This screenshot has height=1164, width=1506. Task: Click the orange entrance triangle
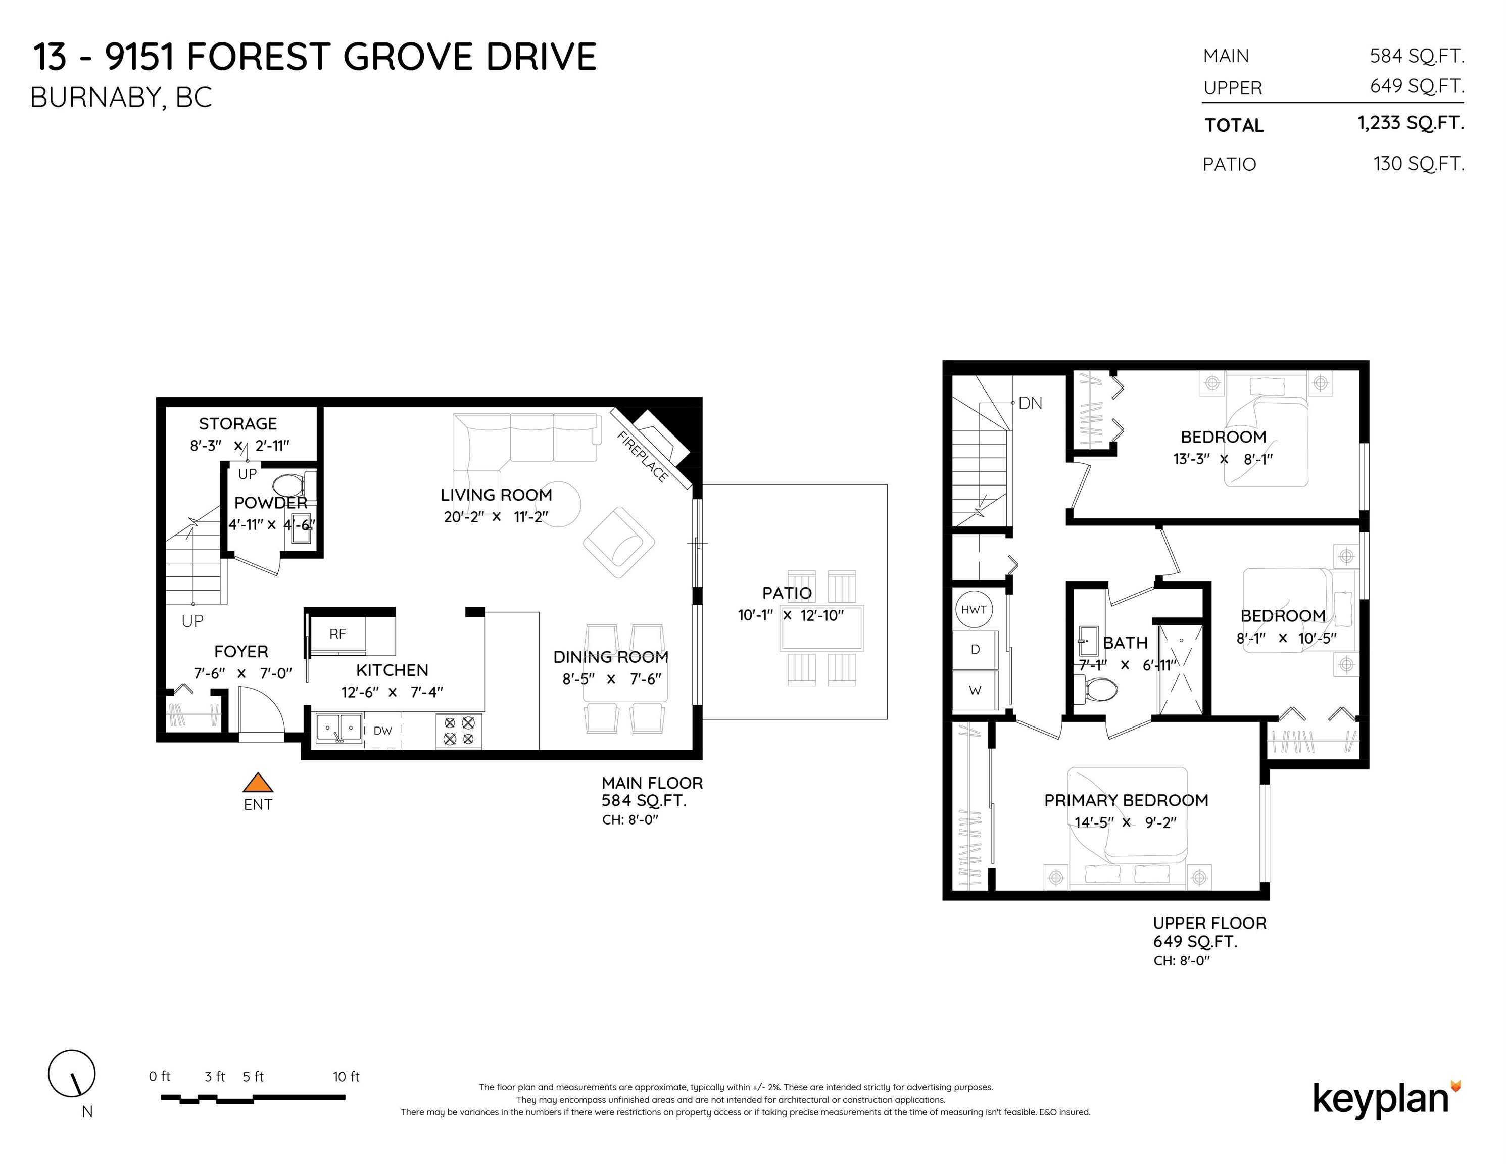(258, 782)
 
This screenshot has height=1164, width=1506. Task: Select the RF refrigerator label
(337, 634)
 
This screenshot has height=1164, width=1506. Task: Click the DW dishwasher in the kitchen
(383, 731)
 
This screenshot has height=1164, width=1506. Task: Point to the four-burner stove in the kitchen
(459, 731)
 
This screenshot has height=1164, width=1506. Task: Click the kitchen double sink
(338, 730)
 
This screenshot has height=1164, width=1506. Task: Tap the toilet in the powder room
(291, 485)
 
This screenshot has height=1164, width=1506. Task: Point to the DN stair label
(1030, 403)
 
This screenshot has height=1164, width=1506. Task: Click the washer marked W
(975, 690)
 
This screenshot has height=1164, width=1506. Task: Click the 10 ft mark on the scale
(346, 1077)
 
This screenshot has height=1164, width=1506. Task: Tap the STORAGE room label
(238, 423)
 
